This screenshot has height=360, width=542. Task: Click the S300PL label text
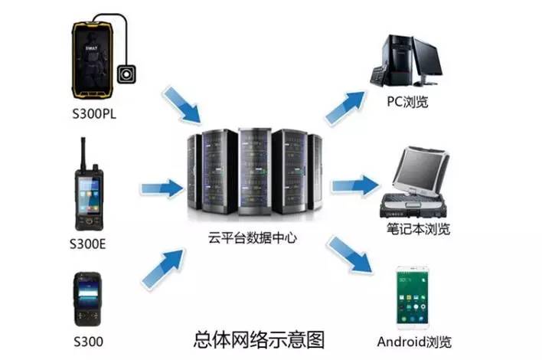94,115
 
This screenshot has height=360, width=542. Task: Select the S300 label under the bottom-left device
88,341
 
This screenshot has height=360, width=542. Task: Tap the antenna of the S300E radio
81,153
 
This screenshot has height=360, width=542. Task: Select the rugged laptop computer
416,184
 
